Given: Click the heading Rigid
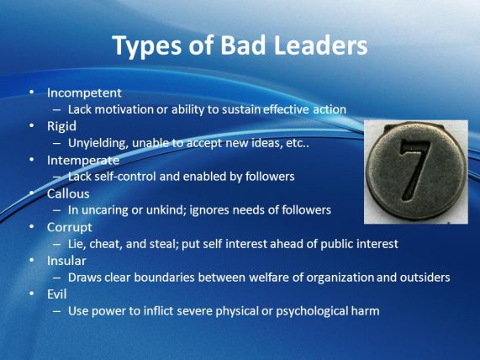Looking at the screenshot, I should click(61, 126).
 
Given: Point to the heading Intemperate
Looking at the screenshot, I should click(83, 160).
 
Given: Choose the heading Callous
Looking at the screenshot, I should click(68, 193).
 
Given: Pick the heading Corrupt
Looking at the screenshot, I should click(70, 227).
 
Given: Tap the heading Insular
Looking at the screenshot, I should click(66, 261).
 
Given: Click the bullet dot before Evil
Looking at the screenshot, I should click(32, 294).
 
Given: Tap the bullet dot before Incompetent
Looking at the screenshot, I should click(32, 93).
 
